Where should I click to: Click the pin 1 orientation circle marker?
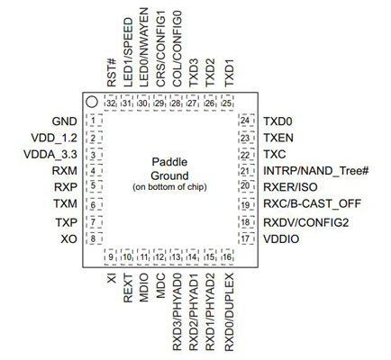pos(92,103)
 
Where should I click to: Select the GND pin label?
pos(64,121)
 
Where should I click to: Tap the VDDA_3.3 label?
pos(50,155)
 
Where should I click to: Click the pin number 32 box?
pos(111,103)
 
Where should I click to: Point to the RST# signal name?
pos(111,73)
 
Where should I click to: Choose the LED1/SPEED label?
pos(128,52)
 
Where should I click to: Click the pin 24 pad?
pos(246,121)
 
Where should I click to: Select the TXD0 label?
pos(277,121)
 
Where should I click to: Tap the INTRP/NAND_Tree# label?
pos(315,171)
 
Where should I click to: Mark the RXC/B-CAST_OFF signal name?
pos(312,204)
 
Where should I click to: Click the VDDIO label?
pos(281,239)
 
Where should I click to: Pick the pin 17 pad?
pos(246,238)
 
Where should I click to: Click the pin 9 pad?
pos(111,256)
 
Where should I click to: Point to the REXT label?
pos(128,288)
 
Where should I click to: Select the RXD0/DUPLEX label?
pos(229,312)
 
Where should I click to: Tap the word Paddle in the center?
pos(169,162)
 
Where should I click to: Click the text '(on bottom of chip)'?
pos(169,187)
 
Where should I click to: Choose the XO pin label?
pos(68,239)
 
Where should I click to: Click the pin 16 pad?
pos(228,256)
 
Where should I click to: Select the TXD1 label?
pos(229,73)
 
